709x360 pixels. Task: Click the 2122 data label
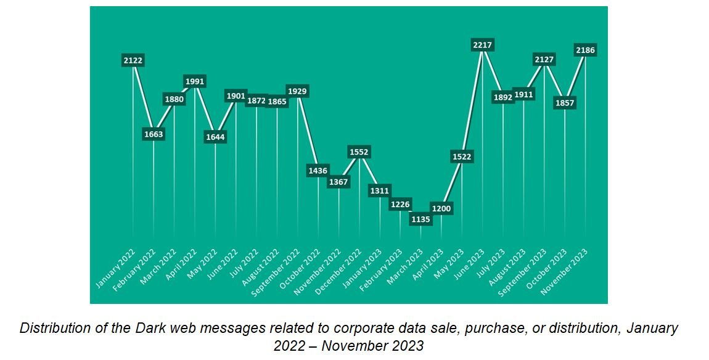(x=133, y=60)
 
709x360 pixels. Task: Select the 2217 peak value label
(x=482, y=45)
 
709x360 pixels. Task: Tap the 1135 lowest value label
(x=420, y=219)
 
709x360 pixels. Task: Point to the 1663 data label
(x=154, y=134)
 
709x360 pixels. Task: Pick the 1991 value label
(x=195, y=81)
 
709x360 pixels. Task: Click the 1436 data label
(x=318, y=171)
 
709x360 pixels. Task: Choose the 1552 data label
(x=359, y=152)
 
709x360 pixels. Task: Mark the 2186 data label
(x=584, y=50)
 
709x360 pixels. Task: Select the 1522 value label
(x=462, y=157)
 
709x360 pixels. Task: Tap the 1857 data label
(x=564, y=102)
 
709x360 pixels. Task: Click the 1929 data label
(x=297, y=91)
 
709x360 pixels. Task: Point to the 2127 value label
(x=544, y=60)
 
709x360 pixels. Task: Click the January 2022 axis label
(x=115, y=268)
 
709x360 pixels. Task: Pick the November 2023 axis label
(x=564, y=272)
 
